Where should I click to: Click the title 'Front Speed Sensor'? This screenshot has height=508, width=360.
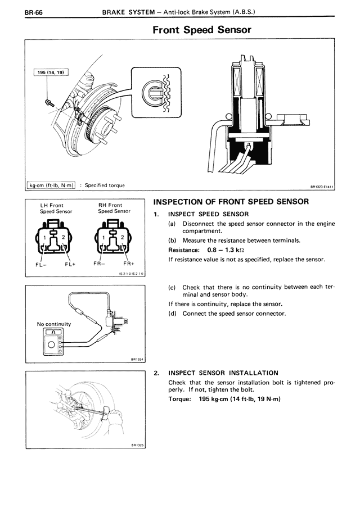pos(201,30)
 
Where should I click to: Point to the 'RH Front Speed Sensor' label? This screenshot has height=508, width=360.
pos(114,208)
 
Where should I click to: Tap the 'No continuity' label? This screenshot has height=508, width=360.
pos(54,324)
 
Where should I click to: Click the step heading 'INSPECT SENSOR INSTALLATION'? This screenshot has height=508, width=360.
pos(223,373)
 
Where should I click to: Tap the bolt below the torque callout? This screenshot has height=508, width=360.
pos(49,102)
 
